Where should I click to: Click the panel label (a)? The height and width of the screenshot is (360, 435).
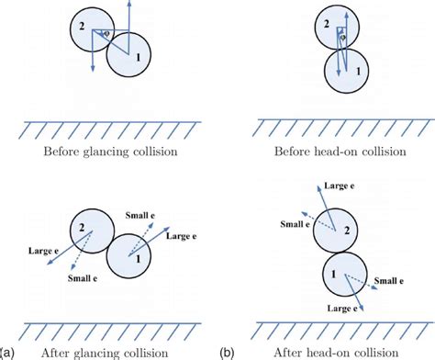coord(6,352)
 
